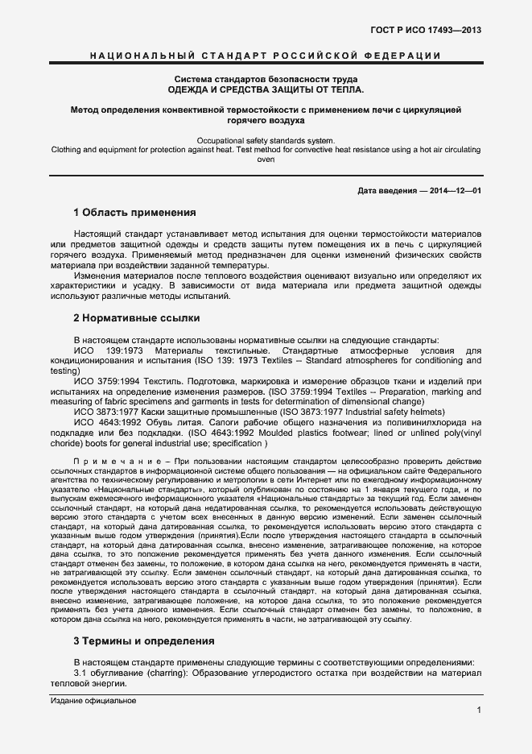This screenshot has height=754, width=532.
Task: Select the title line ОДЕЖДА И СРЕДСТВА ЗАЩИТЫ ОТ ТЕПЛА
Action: coord(266,89)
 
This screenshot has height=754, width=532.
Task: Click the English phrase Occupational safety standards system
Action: coord(266,141)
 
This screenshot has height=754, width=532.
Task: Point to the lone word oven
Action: coord(266,159)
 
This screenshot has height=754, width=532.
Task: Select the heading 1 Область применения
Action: coord(134,213)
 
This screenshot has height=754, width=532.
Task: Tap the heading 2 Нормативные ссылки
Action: coord(133,318)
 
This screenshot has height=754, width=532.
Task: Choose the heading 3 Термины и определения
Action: coord(143,641)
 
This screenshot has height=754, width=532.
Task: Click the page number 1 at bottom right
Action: coord(479,710)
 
